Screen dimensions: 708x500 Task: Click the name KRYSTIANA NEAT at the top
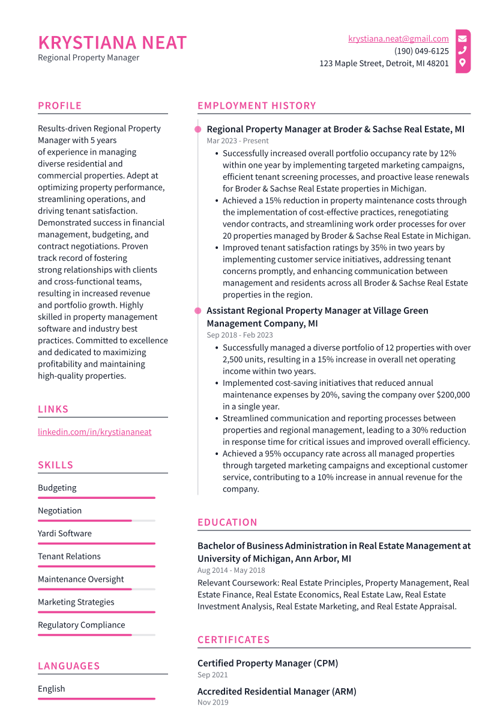point(112,43)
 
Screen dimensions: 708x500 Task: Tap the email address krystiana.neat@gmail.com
point(398,38)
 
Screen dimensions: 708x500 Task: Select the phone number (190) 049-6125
point(421,51)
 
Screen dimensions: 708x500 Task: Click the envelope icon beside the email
point(463,38)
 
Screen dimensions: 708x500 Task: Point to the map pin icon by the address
point(463,63)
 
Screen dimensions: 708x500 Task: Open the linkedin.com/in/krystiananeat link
point(94,432)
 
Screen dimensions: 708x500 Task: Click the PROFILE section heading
point(59,106)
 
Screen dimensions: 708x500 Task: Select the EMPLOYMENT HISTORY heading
point(256,106)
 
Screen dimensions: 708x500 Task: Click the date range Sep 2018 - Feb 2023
point(239,335)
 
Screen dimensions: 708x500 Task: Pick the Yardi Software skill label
point(65,534)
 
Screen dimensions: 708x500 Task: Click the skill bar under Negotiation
point(96,520)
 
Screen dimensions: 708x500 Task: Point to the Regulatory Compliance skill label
point(81,625)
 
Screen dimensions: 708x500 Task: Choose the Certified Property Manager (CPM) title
point(268,664)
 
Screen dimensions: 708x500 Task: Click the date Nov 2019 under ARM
point(212,703)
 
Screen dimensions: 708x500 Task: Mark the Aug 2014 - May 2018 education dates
point(231,570)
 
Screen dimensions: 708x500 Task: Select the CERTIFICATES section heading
point(233,640)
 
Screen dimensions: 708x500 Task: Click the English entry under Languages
point(52,689)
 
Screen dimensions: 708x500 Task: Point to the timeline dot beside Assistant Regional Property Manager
point(197,311)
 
